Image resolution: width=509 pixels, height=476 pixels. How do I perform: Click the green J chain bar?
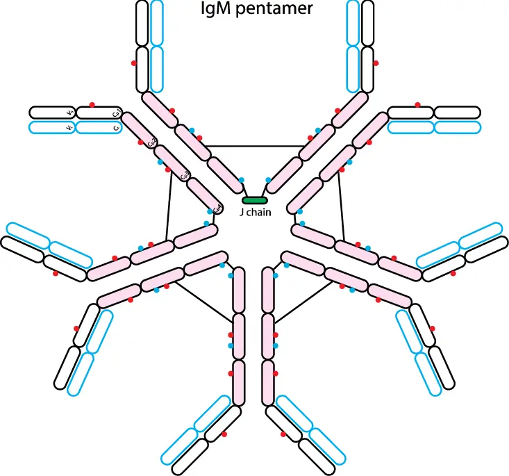point(254,201)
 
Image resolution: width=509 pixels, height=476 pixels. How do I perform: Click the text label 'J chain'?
point(254,213)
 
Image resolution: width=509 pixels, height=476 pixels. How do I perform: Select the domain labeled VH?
point(51,113)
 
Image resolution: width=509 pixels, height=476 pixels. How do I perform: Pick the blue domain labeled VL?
point(51,128)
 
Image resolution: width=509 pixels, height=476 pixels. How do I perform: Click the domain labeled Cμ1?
point(98,113)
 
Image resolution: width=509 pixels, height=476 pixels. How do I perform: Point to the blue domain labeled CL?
point(98,128)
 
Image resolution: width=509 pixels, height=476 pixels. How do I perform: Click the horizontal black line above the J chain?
point(254,146)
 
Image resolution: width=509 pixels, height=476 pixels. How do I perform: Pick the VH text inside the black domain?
point(69,113)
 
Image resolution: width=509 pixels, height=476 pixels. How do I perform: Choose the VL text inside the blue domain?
point(69,128)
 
